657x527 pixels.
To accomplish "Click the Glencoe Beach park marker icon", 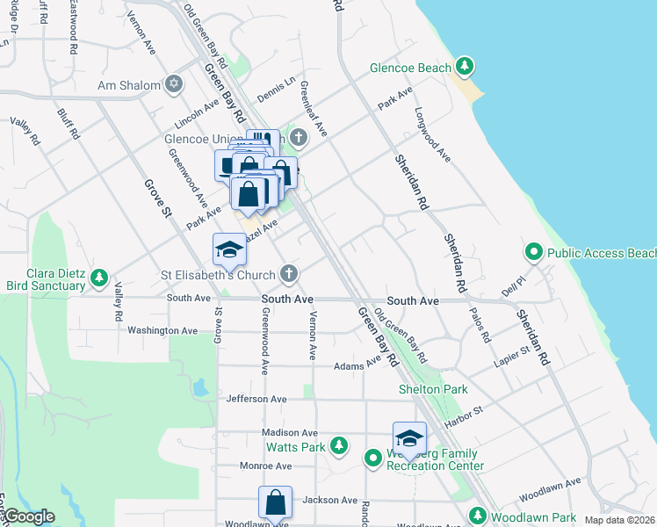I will tap(466, 67).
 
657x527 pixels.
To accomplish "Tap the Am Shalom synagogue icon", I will tap(174, 85).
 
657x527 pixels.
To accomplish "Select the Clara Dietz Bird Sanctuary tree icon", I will tap(99, 278).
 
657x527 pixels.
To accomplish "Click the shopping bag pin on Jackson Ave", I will tap(275, 503).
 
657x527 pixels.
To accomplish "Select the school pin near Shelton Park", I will tap(409, 438).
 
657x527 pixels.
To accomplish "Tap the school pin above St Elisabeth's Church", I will tap(229, 249).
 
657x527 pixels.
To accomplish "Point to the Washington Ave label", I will tap(162, 330).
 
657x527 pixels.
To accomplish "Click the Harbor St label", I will tap(466, 414).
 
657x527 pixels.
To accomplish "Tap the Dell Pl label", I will tap(512, 288).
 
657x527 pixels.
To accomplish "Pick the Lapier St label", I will tap(513, 353).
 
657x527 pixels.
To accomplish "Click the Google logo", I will tap(28, 516).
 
